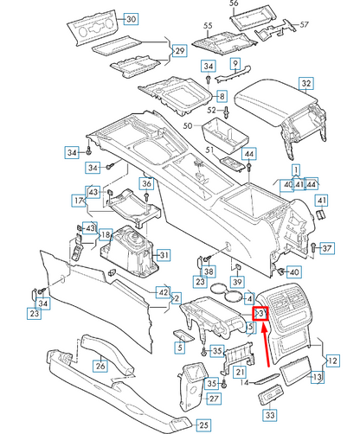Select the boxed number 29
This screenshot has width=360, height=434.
178,51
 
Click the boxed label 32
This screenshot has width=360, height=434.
306,84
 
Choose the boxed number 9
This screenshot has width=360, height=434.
234,65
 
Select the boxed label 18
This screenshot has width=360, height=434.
105,234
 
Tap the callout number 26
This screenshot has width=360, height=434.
100,367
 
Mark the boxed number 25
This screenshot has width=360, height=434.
203,424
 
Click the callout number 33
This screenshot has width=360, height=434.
270,417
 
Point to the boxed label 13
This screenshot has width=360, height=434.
317,377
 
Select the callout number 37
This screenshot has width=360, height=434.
326,249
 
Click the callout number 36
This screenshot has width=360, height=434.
147,183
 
